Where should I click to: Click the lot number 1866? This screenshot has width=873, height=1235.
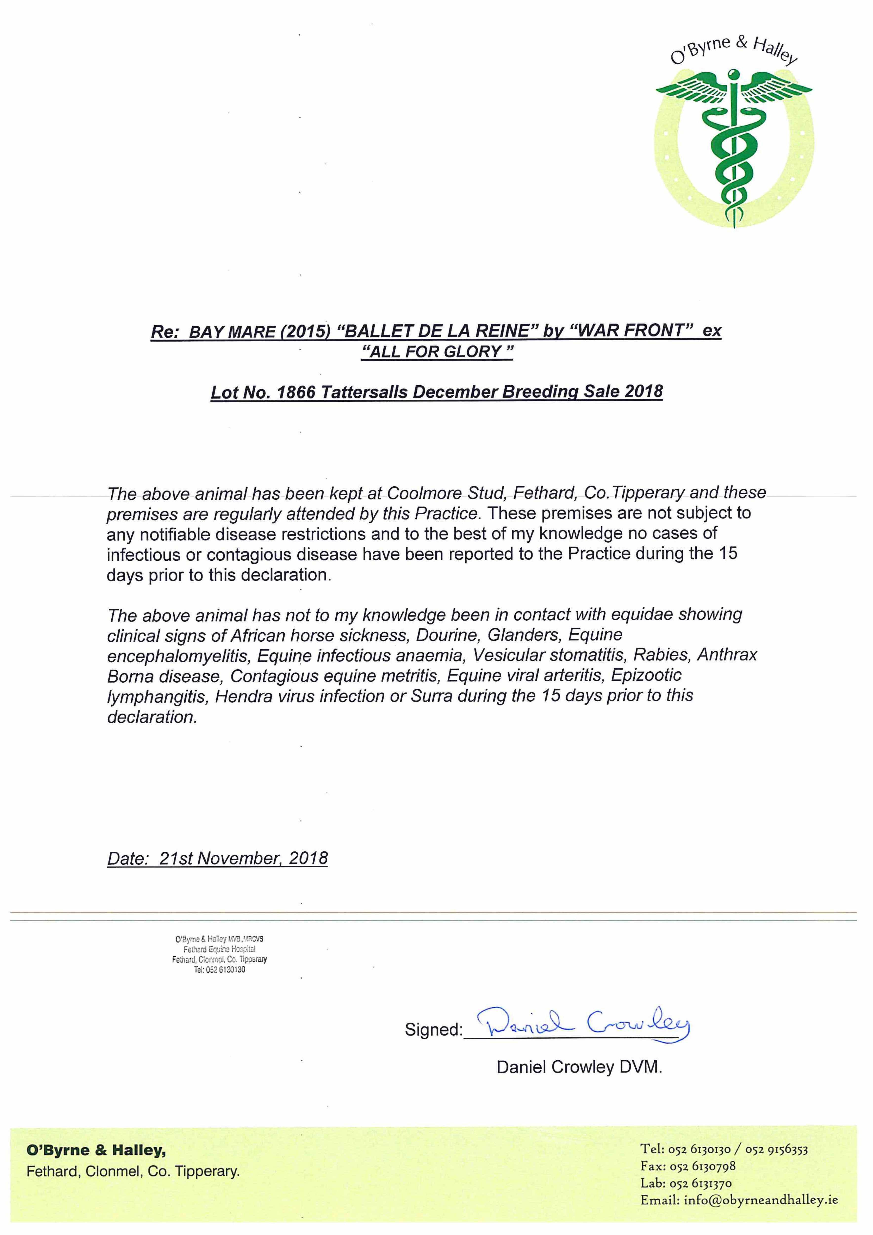point(295,392)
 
